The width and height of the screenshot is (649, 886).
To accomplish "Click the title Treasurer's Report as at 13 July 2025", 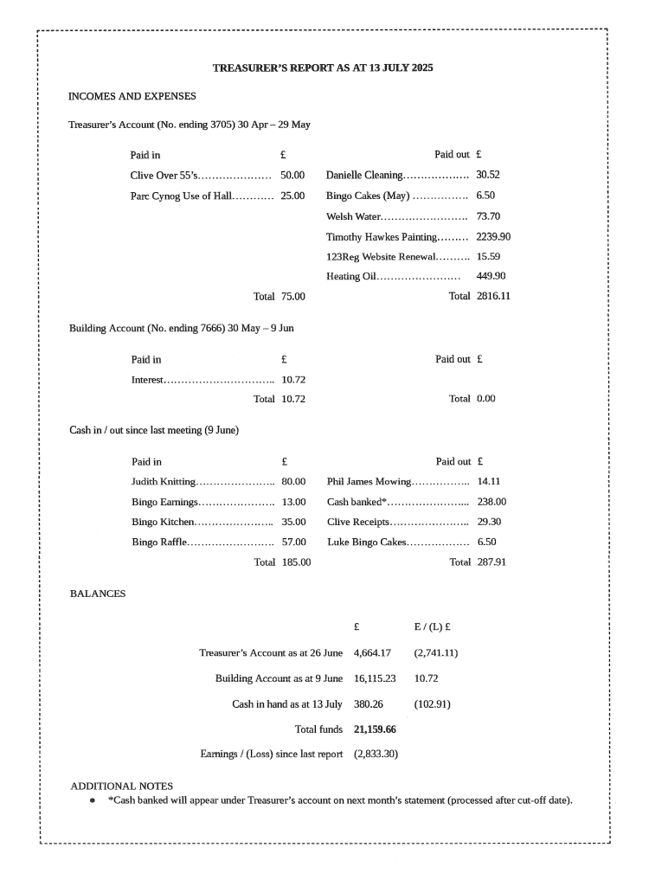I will [323, 67].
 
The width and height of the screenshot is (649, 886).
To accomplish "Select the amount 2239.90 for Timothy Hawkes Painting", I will [494, 236].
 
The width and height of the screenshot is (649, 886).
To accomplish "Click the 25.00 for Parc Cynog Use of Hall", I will [292, 196].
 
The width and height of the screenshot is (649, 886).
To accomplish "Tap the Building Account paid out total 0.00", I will [485, 399].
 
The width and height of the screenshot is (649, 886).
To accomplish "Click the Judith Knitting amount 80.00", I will [293, 481].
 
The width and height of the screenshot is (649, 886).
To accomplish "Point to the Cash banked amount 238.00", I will [492, 501].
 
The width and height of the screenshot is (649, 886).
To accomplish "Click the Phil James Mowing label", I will [369, 481].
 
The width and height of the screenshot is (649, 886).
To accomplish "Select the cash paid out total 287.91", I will [492, 562].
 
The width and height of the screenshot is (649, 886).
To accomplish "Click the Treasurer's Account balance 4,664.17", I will [372, 652].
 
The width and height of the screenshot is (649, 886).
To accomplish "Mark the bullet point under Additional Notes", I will [93, 799].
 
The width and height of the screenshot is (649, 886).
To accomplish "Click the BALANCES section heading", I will [98, 594].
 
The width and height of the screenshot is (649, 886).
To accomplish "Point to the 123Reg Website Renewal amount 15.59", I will [488, 256].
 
